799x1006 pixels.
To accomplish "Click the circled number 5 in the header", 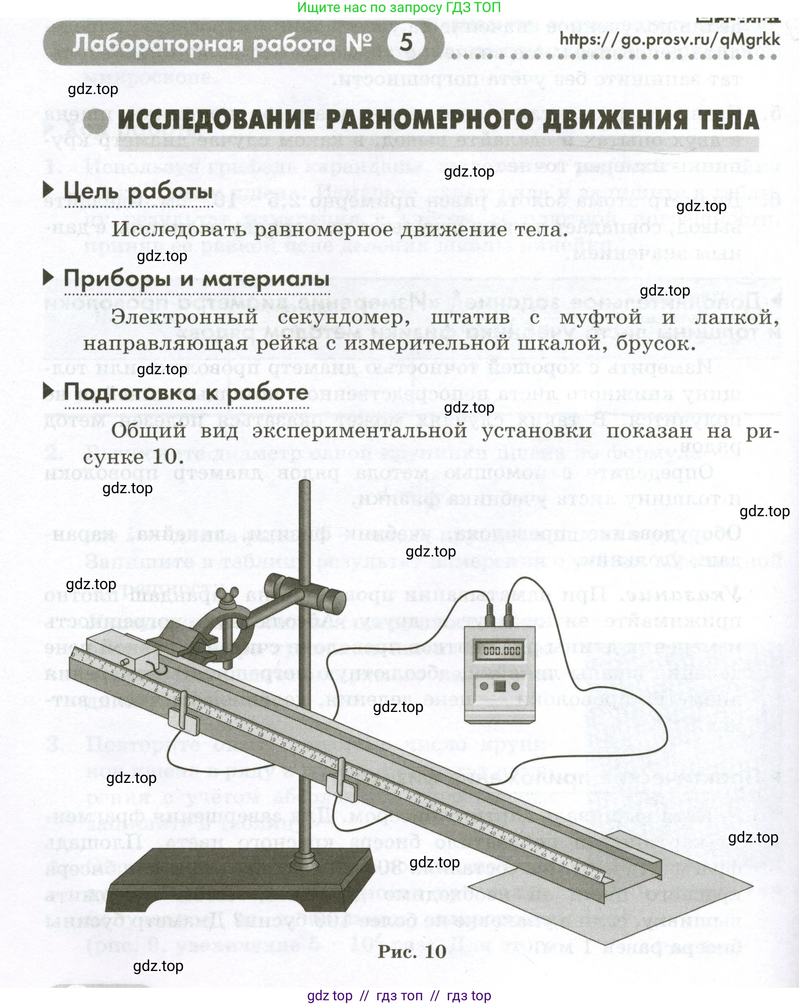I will pos(406,42).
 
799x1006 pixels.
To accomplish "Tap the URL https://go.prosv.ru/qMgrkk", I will pos(669,39).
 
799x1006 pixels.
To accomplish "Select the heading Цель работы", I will pos(138,191).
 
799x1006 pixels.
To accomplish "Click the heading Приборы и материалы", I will pos(196,279).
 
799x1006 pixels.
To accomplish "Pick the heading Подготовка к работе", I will pos(186,392).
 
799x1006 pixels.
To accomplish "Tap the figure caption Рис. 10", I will pos(412,951).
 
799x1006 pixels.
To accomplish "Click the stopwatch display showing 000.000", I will pos(501,651).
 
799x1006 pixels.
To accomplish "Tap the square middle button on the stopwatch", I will pos(500,686).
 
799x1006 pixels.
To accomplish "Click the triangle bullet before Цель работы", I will pos(48,190).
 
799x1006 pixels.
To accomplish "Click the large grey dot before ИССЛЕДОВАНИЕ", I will pos(95,121).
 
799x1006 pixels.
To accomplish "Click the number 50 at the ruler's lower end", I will pos(596,877).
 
